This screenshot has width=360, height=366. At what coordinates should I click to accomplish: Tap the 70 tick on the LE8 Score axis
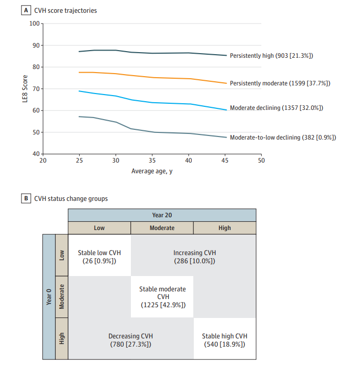point(34,89)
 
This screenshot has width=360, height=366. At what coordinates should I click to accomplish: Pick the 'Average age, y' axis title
point(152,171)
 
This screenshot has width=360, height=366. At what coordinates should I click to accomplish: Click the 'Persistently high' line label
point(271,55)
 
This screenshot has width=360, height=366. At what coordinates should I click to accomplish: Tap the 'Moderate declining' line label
point(276,108)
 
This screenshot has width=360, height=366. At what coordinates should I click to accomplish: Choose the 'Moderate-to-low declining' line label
point(283,137)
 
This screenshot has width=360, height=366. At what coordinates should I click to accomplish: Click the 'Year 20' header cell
point(162,215)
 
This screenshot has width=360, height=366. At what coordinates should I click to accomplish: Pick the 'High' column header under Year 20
point(224,228)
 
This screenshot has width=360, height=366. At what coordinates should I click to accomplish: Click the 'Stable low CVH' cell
point(99,256)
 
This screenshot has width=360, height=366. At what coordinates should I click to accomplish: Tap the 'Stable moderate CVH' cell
point(162,297)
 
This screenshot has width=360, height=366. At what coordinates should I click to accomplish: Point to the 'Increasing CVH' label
point(194,256)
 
